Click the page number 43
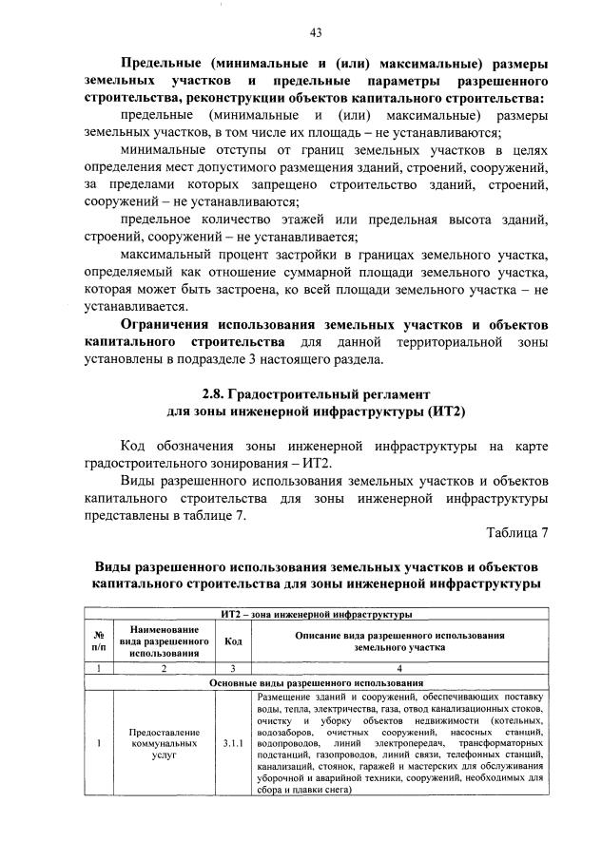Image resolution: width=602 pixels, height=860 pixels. [x=315, y=32]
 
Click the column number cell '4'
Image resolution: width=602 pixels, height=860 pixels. [x=398, y=669]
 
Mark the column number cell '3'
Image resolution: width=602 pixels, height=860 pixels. [x=231, y=669]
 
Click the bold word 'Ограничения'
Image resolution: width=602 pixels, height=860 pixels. [x=174, y=324]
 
